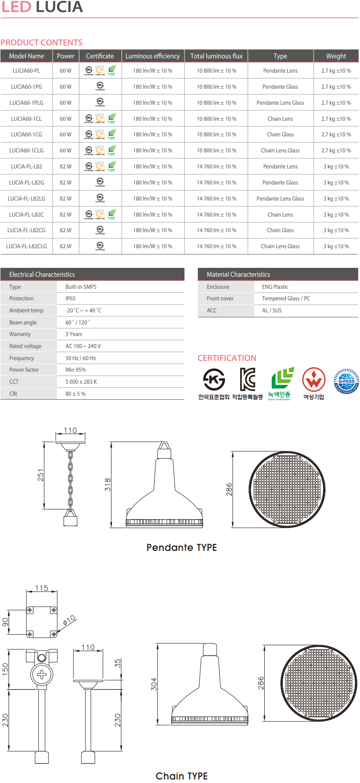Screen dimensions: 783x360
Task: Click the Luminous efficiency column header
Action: [152, 56]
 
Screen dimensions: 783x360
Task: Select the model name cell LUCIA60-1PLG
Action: [26, 103]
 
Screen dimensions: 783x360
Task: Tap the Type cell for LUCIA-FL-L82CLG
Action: [280, 246]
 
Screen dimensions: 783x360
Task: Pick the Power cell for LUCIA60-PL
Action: [65, 71]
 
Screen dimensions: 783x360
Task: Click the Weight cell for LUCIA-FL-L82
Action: [336, 167]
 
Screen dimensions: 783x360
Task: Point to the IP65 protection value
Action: [70, 299]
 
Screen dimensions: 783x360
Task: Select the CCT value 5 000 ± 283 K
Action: [81, 382]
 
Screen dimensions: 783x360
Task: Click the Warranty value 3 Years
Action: [74, 334]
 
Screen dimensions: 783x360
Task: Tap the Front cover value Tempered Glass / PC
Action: [286, 299]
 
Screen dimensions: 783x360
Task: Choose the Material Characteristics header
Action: [238, 275]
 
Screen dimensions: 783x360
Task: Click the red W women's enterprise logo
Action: [314, 380]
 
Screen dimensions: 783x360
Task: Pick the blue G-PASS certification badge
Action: [346, 381]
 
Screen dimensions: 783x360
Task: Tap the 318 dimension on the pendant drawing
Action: [108, 484]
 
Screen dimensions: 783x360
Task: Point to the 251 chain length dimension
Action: [41, 475]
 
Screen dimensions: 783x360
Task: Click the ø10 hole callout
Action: [70, 620]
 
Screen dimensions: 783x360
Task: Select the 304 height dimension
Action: [154, 684]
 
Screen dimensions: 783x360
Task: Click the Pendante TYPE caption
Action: [181, 548]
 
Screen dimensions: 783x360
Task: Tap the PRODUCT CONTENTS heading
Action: [41, 43]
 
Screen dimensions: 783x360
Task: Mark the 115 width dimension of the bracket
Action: [41, 588]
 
